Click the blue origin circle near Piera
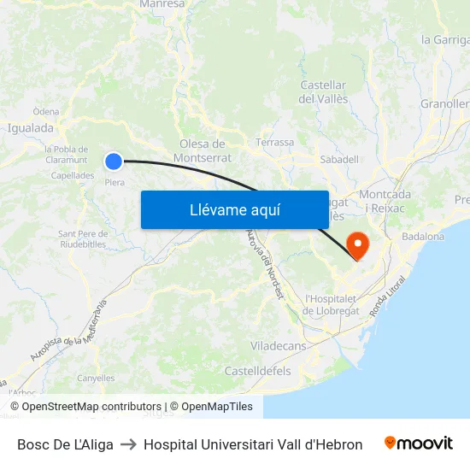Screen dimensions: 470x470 coord(114,161)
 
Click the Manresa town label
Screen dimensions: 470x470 coord(162,4)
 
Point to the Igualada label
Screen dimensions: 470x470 coord(30,128)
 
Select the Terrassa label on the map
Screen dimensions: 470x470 coord(274,143)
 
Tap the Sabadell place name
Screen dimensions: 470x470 coord(338,159)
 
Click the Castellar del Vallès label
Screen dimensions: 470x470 coord(323,92)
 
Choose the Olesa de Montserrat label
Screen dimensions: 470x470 coord(203,150)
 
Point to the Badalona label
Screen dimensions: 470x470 coord(422,237)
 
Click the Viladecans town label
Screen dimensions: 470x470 coord(279,346)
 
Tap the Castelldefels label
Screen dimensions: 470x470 coord(257,371)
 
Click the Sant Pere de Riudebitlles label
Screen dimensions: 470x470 coord(83,238)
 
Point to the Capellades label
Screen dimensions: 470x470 coord(73,175)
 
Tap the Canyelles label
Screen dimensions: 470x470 coord(96,378)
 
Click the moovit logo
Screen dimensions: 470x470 coord(419,444)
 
